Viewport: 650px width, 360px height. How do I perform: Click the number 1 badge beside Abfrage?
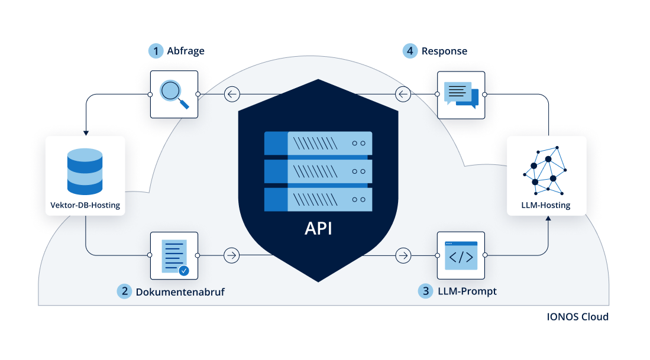tap(156, 51)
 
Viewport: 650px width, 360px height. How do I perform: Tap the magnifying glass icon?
tap(174, 95)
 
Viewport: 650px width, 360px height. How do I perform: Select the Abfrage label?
tap(186, 51)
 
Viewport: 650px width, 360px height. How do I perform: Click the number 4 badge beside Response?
tap(410, 51)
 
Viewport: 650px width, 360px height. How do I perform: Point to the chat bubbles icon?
tap(461, 95)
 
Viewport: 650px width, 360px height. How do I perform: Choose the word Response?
tap(444, 51)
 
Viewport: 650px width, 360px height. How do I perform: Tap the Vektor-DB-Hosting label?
tap(85, 206)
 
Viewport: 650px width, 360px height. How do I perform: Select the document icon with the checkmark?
tap(174, 256)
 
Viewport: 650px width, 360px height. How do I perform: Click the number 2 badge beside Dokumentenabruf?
tap(124, 291)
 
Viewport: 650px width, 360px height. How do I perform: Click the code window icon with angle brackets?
tap(461, 256)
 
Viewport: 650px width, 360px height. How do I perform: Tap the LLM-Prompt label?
tap(467, 291)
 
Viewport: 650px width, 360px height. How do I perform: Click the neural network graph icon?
tap(546, 168)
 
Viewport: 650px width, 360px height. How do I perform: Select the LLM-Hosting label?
tap(546, 206)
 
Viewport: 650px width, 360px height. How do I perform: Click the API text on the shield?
tap(318, 228)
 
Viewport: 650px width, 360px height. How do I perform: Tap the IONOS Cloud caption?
tap(577, 317)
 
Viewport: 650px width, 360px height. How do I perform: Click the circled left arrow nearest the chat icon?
tap(403, 94)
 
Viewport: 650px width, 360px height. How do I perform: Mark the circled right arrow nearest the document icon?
tap(232, 256)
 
